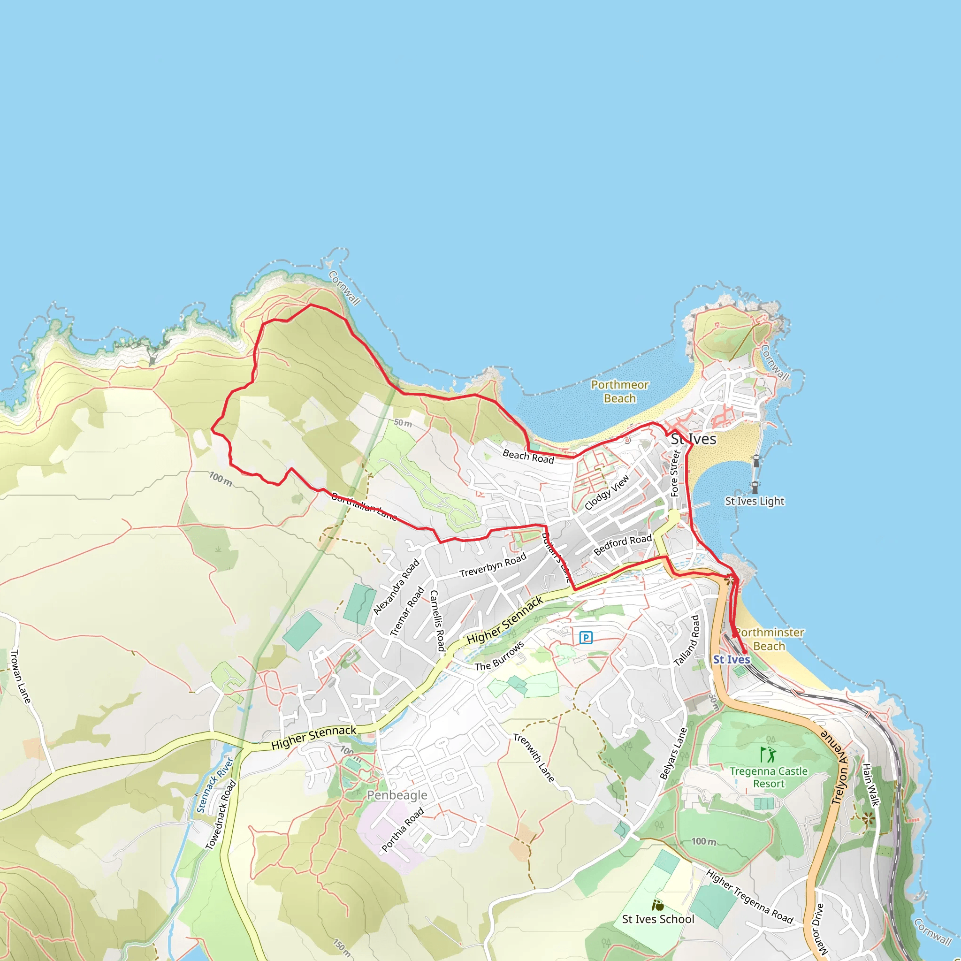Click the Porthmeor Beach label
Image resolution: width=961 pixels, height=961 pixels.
619,391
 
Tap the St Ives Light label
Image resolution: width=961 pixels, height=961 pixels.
754,501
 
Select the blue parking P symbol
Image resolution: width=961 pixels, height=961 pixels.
586,637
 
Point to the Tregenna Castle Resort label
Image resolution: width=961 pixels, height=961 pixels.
769,777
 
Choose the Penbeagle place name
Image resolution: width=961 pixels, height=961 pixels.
397,795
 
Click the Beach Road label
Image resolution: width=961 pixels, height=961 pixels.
528,456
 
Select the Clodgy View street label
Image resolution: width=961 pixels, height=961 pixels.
607,492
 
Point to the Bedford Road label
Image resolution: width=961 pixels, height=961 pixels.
622,545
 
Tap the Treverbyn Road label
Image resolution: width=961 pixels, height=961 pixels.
492,565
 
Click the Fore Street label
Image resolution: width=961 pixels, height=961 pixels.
674,473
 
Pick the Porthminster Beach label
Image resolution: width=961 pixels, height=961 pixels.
769,639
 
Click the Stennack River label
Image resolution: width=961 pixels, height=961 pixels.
214,785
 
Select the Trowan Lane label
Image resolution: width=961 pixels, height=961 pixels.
21,676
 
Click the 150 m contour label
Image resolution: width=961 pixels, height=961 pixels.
343,948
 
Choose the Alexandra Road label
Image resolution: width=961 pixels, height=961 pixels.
397,587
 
